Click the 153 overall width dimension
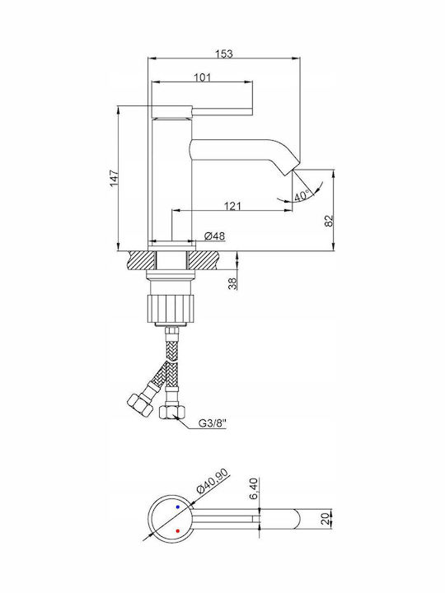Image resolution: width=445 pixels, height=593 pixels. [224, 54]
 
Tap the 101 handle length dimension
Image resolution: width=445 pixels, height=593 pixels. [202, 77]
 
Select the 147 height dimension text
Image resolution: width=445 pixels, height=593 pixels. [115, 179]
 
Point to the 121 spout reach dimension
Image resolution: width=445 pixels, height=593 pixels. [232, 206]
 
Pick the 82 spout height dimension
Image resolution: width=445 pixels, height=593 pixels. [330, 221]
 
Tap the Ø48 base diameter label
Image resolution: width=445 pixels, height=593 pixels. [214, 236]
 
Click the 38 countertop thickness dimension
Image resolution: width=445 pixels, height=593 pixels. [233, 283]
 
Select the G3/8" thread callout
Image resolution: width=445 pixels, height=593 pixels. [213, 423]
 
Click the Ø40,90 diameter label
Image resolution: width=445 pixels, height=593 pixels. [213, 480]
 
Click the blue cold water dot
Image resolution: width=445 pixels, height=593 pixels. [177, 507]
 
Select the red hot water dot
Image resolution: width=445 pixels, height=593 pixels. [177, 531]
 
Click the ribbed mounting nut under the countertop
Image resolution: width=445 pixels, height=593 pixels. [171, 308]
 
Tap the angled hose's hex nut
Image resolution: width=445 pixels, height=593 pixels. [140, 404]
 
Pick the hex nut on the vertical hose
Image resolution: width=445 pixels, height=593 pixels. [172, 412]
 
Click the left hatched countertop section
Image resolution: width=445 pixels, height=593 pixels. [142, 260]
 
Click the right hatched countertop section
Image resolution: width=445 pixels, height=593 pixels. [203, 260]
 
